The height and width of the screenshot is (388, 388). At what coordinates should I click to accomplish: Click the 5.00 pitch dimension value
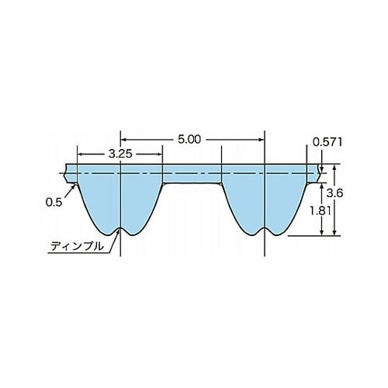pos(189,140)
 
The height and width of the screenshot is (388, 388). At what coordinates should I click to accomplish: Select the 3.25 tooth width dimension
pos(120,154)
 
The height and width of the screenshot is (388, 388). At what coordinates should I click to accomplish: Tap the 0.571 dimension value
pos(327,142)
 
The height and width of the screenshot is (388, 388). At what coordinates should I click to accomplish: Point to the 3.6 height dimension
pos(334,193)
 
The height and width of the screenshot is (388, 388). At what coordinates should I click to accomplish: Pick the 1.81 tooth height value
pos(320,211)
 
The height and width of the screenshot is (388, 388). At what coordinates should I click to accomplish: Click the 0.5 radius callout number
pos(54,203)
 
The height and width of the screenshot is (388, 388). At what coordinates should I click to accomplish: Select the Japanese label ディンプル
pos(77,246)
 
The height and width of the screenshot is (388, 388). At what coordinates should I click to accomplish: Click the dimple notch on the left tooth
pos(120,229)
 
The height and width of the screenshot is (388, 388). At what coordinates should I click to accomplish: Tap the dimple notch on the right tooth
pos(265,229)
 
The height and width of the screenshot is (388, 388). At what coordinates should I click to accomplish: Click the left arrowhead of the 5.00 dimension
pos(123,140)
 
